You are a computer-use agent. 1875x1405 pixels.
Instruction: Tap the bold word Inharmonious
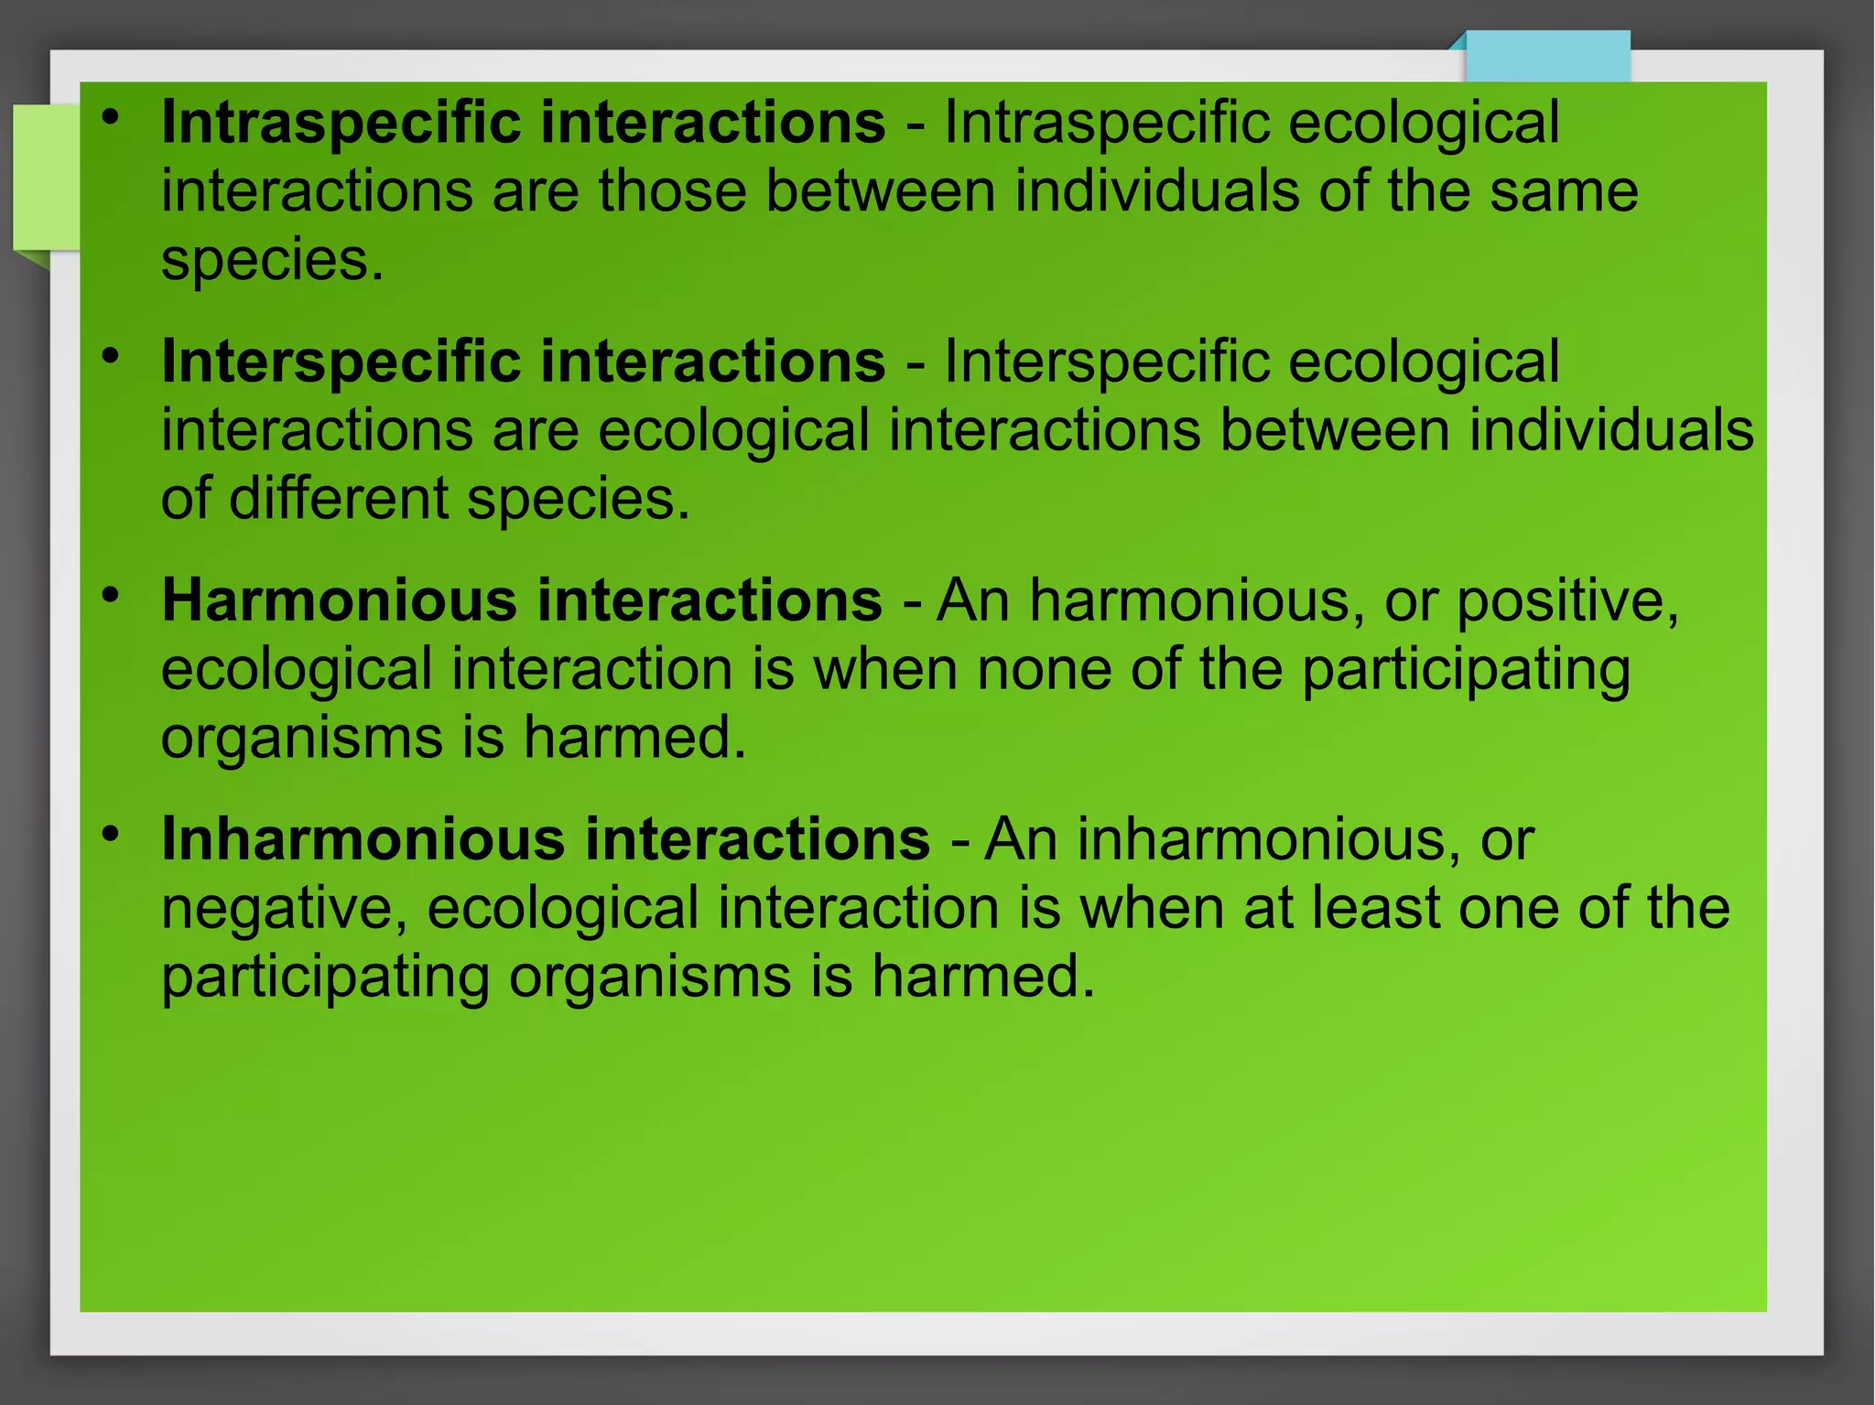[363, 839]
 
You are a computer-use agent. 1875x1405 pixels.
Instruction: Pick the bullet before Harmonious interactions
[111, 596]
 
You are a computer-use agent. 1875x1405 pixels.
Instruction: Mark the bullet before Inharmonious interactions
[111, 835]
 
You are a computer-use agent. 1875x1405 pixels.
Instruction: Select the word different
[338, 499]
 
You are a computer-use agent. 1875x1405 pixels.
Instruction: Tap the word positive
[1567, 602]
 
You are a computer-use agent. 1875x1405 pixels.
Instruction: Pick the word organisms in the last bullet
[650, 977]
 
